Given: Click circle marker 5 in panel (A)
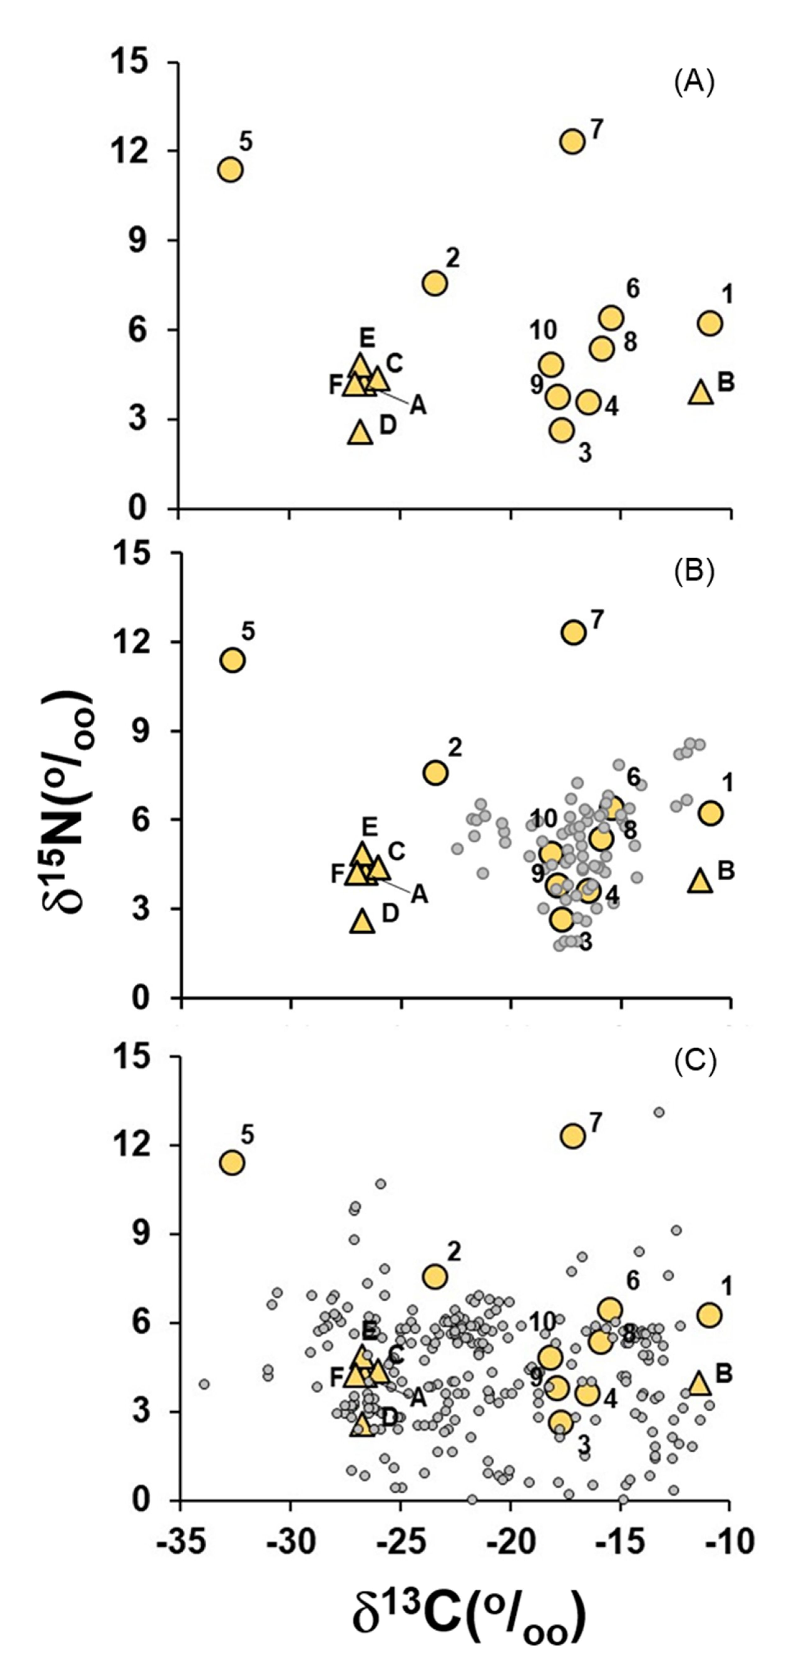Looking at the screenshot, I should point(230,170).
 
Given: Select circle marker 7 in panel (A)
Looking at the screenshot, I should point(573,141).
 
